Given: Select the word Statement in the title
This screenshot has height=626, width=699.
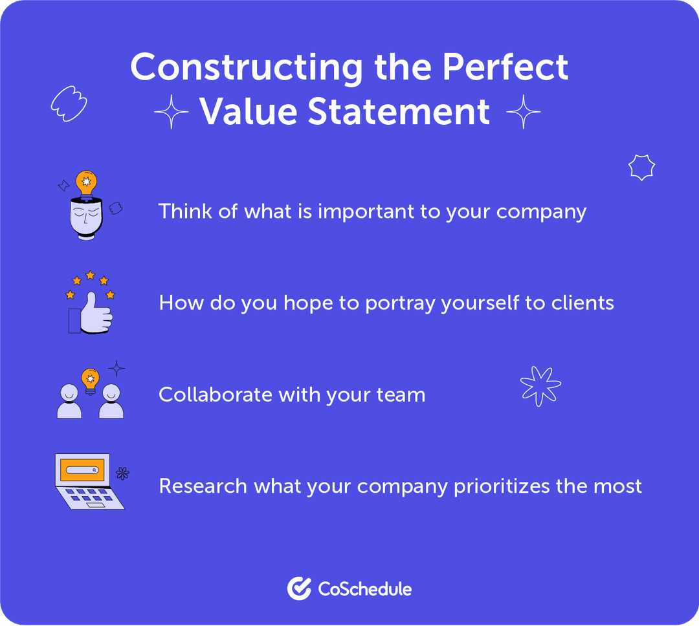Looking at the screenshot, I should pyautogui.click(x=399, y=112).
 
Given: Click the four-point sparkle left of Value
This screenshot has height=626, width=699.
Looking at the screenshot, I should pyautogui.click(x=172, y=113).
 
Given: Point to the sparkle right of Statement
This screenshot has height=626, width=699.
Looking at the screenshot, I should pyautogui.click(x=523, y=113).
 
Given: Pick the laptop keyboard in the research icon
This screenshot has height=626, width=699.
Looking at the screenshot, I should pyautogui.click(x=90, y=496).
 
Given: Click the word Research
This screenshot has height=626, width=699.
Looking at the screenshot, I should pyautogui.click(x=203, y=486).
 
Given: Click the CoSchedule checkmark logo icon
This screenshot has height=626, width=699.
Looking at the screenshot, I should pyautogui.click(x=299, y=588).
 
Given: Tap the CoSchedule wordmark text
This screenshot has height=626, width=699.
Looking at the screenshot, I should pyautogui.click(x=364, y=589).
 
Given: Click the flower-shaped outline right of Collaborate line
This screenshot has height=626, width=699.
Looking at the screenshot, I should pyautogui.click(x=540, y=386).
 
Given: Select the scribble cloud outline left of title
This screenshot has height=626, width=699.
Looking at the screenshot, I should pyautogui.click(x=68, y=103).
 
